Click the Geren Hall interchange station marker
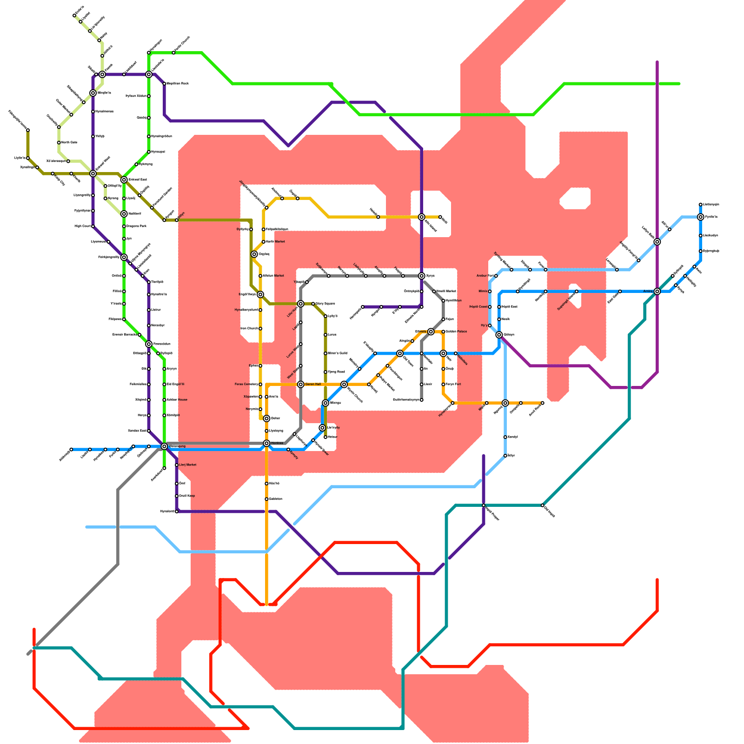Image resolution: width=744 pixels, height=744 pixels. pyautogui.click(x=301, y=384)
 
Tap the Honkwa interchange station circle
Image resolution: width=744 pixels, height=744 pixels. pyautogui.click(x=266, y=443)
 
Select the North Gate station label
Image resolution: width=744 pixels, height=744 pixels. pyautogui.click(x=69, y=142)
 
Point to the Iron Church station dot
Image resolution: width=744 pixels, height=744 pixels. pyautogui.click(x=260, y=328)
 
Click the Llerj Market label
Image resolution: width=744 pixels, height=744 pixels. pyautogui.click(x=188, y=465)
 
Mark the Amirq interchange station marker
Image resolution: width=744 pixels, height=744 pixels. pyautogui.click(x=657, y=291)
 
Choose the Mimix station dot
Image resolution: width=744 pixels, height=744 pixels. pyautogui.click(x=490, y=291)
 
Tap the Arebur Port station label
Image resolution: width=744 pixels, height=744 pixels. pyautogui.click(x=485, y=276)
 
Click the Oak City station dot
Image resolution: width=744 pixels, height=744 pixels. pyautogui.click(x=53, y=173)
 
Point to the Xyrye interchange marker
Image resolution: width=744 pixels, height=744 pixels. pyautogui.click(x=421, y=276)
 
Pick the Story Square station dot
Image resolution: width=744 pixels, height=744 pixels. pyautogui.click(x=313, y=304)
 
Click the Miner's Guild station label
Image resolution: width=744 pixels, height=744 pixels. pyautogui.click(x=338, y=353)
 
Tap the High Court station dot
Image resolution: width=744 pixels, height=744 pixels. pyautogui.click(x=93, y=226)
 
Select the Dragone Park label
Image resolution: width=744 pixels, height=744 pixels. pyautogui.click(x=136, y=226)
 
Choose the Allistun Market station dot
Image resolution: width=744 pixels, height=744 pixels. pyautogui.click(x=260, y=276)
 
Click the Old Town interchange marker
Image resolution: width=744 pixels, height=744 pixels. pyautogui.click(x=399, y=353)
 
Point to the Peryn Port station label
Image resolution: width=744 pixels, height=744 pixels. pyautogui.click(x=453, y=384)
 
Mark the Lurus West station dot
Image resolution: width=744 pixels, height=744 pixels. pyautogui.click(x=300, y=344)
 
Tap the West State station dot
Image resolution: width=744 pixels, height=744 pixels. pyautogui.click(x=300, y=365)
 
